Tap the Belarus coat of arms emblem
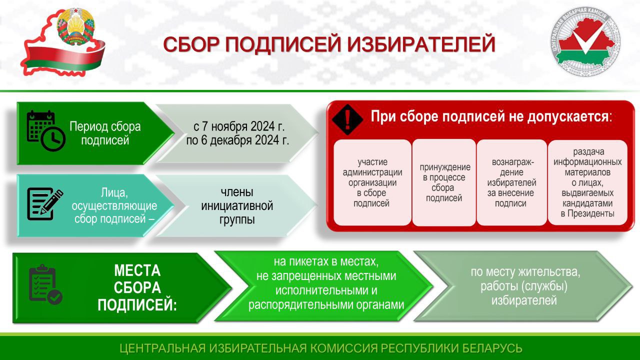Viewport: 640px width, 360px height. (75, 26)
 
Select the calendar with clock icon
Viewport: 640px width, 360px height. (46, 131)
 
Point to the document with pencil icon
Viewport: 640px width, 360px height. (45, 204)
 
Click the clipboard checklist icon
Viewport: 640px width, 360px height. (45, 284)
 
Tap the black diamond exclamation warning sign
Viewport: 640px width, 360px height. (347, 119)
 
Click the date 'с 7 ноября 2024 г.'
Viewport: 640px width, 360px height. (239, 126)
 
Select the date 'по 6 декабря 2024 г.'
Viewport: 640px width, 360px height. (237, 140)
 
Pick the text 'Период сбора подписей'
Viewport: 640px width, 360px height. (105, 133)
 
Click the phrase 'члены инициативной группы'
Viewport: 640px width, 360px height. (237, 205)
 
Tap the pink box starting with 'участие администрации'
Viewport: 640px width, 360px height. (372, 182)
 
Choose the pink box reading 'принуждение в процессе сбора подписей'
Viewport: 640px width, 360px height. (444, 182)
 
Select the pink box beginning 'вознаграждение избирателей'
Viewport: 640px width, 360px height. (511, 182)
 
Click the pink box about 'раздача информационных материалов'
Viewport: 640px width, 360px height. (587, 182)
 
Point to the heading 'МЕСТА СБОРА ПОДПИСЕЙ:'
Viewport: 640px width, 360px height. (137, 288)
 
